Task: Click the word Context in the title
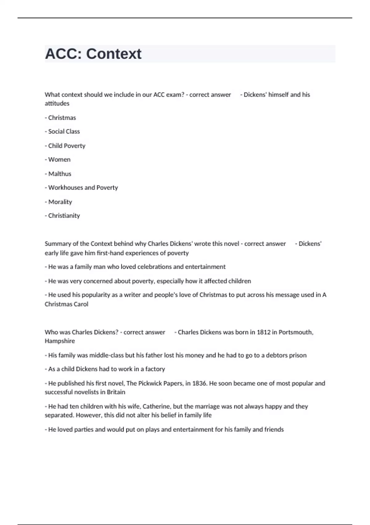pos(113,54)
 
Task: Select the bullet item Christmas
pos(62,118)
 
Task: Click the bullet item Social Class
pos(64,132)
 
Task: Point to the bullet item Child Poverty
pos(67,146)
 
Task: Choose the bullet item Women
pos(59,160)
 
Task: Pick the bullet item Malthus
pos(60,174)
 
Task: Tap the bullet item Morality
pos(60,202)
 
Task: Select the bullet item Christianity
pos(64,216)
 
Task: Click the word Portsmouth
pos(296,332)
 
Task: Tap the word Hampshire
pos(60,341)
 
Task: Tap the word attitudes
pos(57,103)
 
